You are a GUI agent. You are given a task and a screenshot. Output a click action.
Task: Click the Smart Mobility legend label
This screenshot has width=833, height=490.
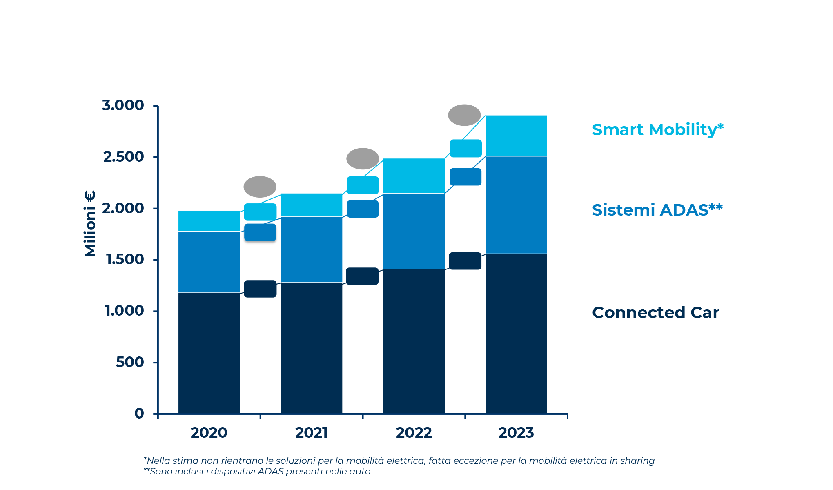pyautogui.click(x=657, y=130)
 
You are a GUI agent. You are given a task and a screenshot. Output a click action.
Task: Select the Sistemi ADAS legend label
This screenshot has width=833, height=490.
pyautogui.click(x=657, y=210)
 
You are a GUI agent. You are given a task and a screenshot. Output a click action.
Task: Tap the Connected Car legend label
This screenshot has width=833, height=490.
pyautogui.click(x=655, y=313)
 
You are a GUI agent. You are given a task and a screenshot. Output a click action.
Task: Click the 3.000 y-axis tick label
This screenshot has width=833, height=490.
pyautogui.click(x=123, y=105)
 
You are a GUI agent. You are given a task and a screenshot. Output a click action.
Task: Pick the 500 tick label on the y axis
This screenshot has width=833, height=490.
pyautogui.click(x=130, y=362)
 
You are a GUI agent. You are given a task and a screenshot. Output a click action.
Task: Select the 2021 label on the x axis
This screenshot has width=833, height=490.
pyautogui.click(x=311, y=433)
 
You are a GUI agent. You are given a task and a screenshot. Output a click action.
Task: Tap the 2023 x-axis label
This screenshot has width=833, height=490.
pyautogui.click(x=516, y=433)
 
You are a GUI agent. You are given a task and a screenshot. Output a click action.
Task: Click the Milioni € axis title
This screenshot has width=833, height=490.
pyautogui.click(x=90, y=223)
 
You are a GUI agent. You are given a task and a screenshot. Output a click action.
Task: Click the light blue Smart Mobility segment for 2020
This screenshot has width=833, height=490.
pyautogui.click(x=209, y=221)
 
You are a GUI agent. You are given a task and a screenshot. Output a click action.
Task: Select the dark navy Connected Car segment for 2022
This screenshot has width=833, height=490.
pyautogui.click(x=414, y=341)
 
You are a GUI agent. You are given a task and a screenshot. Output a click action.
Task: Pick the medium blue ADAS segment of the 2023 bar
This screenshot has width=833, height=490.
pyautogui.click(x=516, y=205)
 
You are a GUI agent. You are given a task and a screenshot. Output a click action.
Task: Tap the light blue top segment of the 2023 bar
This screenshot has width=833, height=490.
pyautogui.click(x=516, y=136)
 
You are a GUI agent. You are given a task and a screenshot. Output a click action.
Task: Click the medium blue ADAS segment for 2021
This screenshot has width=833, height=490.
pyautogui.click(x=311, y=249)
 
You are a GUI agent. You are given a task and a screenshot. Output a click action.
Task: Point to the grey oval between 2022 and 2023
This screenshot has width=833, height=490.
pyautogui.click(x=464, y=115)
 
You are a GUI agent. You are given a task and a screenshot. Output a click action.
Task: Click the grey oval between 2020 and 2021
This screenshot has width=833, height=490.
pyautogui.click(x=260, y=187)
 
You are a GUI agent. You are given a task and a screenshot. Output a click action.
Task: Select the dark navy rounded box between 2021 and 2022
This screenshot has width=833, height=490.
pyautogui.click(x=362, y=276)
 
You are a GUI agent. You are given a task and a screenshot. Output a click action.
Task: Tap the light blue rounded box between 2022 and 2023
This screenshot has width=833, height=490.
pyautogui.click(x=465, y=148)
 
